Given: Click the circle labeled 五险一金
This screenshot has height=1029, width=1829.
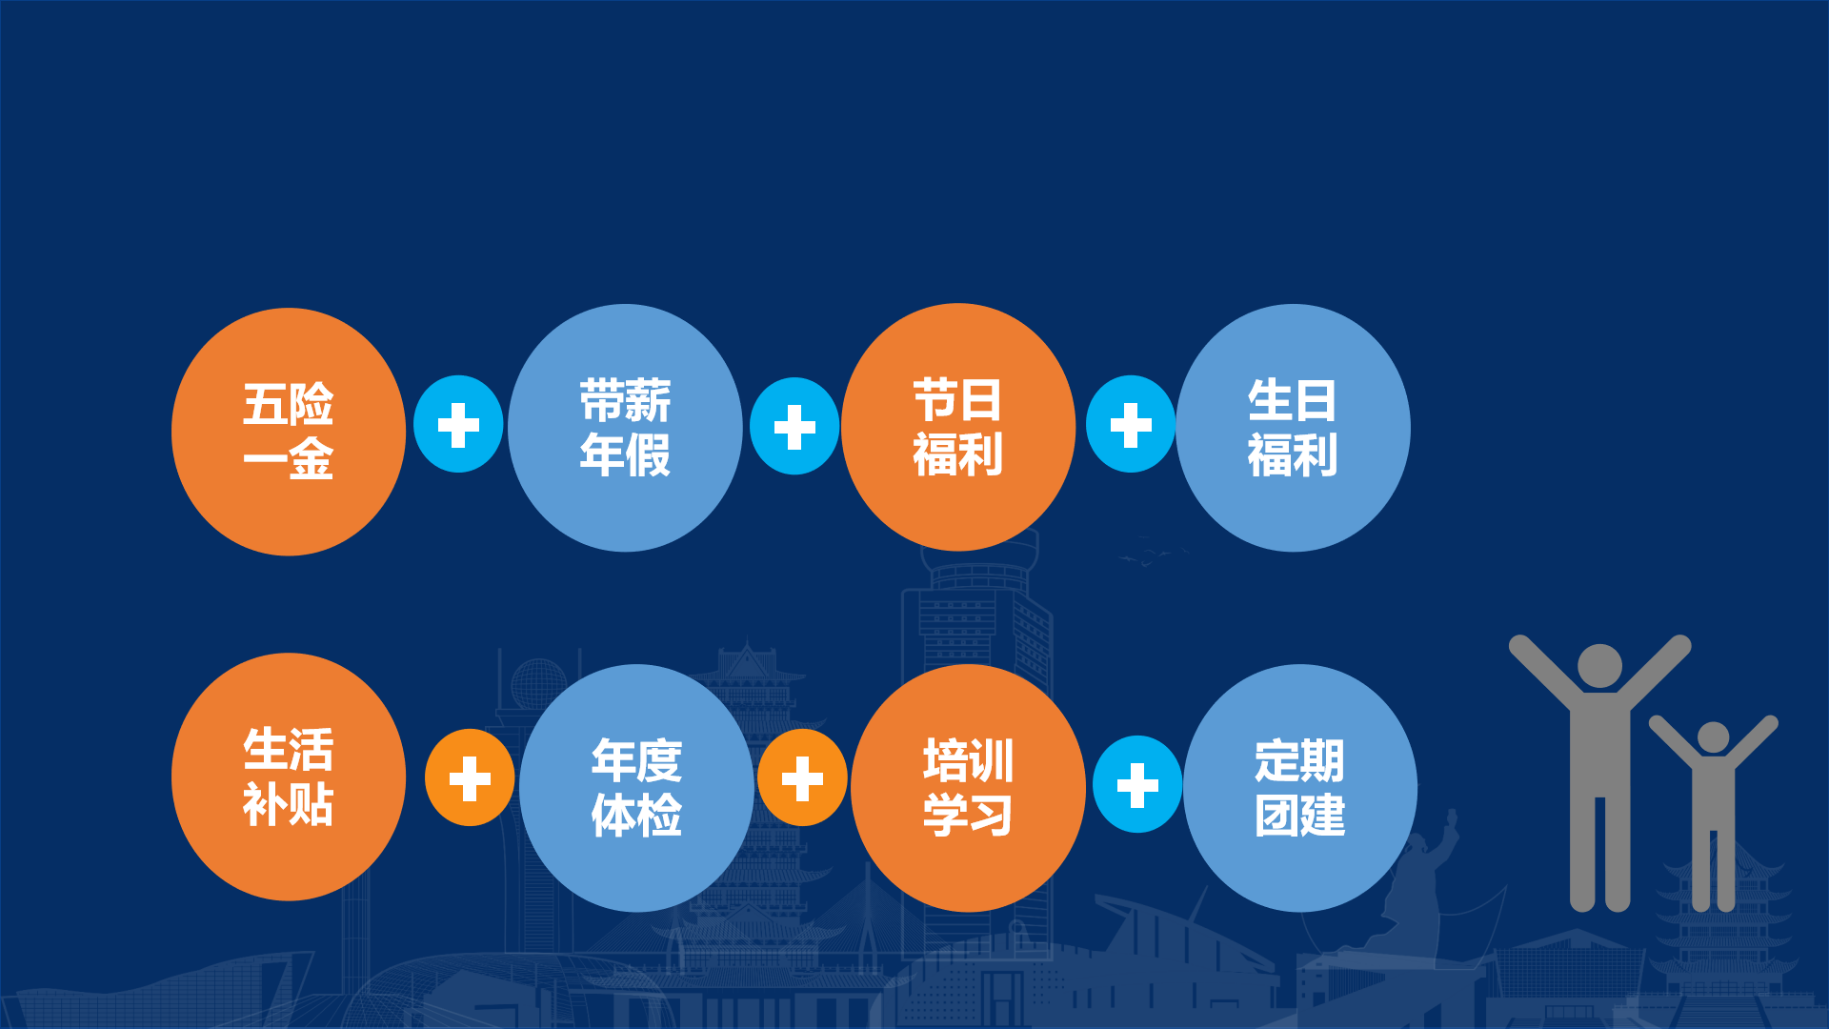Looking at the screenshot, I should [288, 431].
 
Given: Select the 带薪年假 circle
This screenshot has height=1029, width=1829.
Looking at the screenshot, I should [625, 428].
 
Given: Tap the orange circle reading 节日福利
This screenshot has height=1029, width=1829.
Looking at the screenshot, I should [958, 427].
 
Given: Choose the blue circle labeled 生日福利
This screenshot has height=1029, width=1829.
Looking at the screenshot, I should [1293, 428].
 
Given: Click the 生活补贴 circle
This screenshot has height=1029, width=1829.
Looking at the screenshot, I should [288, 777].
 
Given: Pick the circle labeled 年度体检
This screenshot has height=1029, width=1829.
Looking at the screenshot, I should [636, 788].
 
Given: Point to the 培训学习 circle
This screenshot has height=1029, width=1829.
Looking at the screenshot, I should [968, 788].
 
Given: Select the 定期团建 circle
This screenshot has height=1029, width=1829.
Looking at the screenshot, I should [1299, 788].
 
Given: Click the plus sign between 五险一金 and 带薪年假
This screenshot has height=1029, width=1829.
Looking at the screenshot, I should [458, 425].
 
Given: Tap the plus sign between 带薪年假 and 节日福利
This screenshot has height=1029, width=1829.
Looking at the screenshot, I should [794, 427].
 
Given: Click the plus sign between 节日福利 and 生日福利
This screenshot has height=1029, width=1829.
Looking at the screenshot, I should [1131, 425].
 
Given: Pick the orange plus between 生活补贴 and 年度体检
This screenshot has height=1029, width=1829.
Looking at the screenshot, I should [470, 778].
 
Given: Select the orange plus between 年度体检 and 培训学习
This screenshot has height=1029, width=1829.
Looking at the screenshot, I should [802, 778].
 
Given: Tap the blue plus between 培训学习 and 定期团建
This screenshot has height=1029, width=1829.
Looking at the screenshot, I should [1137, 785].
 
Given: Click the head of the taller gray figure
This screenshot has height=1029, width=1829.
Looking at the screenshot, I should [1599, 666].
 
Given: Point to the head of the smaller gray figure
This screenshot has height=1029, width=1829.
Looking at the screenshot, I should [1713, 737].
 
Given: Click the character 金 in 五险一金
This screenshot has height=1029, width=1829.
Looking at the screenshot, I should [312, 459].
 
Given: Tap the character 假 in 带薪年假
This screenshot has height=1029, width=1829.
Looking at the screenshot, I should [649, 454].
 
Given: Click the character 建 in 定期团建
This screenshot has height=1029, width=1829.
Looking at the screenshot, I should [1323, 816].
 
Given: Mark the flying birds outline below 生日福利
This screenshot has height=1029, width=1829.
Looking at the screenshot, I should [1153, 555].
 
